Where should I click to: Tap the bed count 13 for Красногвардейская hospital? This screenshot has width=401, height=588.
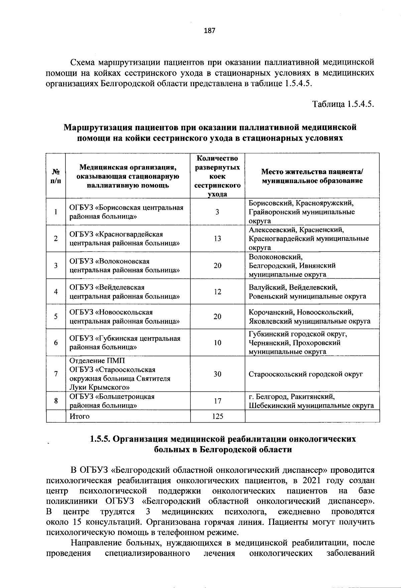click(218, 239)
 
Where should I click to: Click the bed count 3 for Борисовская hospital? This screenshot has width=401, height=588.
click(218, 212)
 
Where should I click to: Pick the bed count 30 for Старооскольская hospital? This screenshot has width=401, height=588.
click(218, 374)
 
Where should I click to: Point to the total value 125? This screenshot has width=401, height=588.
click(218, 417)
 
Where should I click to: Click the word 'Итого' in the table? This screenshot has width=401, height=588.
click(80, 417)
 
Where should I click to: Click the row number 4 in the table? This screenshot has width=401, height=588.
click(55, 292)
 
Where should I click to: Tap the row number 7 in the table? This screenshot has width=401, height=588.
click(55, 374)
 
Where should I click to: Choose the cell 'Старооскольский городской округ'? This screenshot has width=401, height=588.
click(306, 374)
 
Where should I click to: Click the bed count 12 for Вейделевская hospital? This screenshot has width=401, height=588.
click(218, 292)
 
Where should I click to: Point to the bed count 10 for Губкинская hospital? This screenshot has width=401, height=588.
click(218, 343)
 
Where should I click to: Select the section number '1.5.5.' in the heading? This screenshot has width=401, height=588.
click(100, 439)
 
